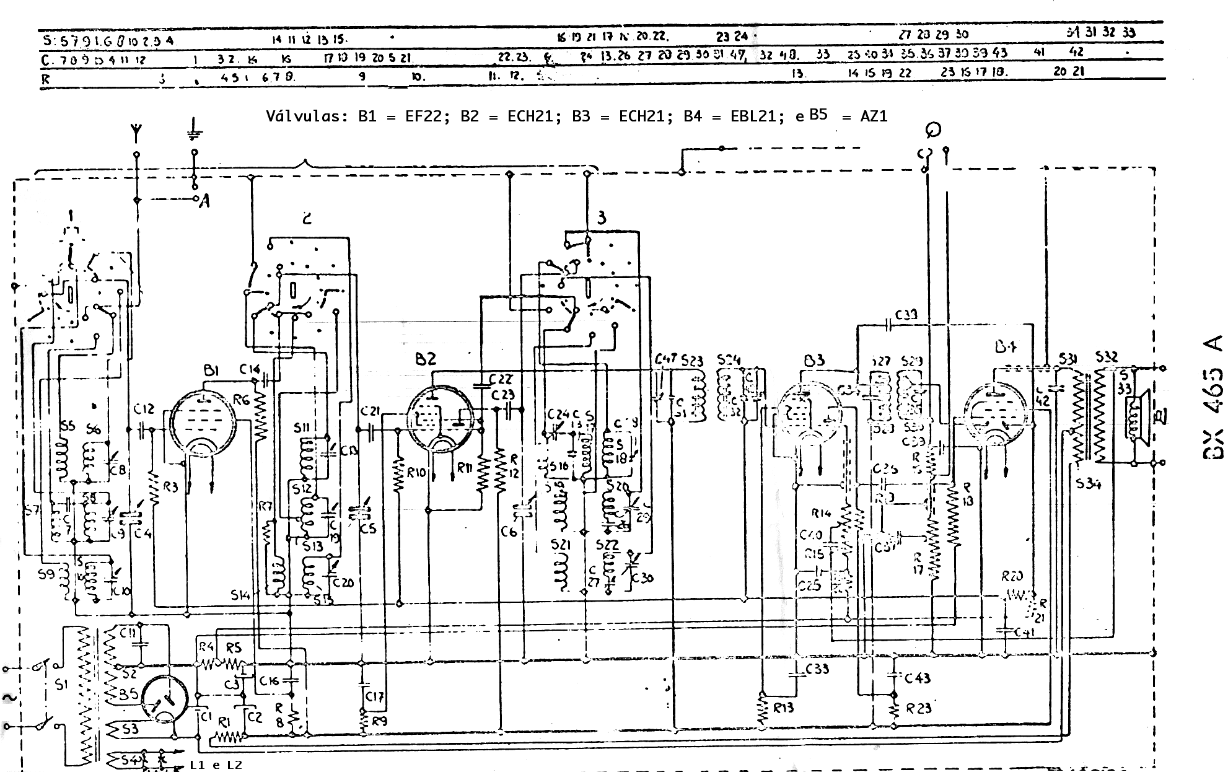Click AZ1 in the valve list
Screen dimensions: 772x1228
click(x=874, y=116)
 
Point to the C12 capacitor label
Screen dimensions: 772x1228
click(x=143, y=410)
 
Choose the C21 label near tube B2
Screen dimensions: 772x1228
click(x=370, y=411)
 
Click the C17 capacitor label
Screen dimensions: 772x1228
click(x=374, y=696)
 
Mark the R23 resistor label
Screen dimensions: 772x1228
click(x=918, y=708)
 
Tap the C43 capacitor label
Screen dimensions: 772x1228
click(x=917, y=678)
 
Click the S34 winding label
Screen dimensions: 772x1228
click(x=1088, y=485)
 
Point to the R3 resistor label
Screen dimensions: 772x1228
click(x=170, y=487)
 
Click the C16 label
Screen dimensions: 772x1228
click(x=270, y=681)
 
